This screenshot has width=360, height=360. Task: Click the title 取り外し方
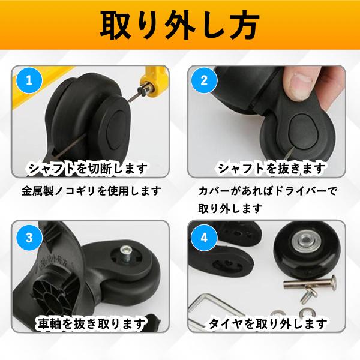pos(179,26)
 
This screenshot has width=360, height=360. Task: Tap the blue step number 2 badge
pos(204,79)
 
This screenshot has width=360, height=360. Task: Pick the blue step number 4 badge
pos(204,238)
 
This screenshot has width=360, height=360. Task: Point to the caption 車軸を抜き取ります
pos(90,325)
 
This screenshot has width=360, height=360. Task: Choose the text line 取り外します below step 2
pos(230,209)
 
